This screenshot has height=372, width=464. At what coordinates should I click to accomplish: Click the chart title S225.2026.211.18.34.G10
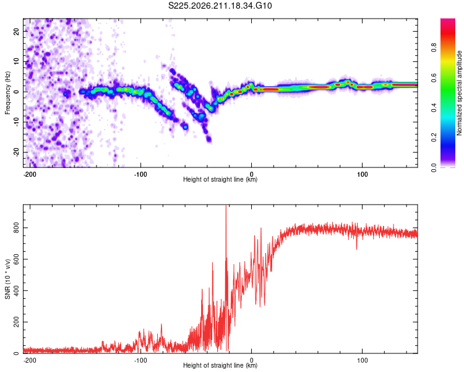click(220, 6)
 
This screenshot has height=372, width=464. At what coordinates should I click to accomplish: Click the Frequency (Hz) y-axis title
click(7, 93)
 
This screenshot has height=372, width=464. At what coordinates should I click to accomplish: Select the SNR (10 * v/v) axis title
click(7, 279)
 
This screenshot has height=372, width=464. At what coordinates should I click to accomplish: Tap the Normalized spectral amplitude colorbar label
click(459, 93)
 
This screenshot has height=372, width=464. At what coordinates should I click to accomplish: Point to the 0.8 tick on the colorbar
click(434, 48)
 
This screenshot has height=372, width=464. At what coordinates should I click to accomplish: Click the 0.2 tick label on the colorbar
click(434, 138)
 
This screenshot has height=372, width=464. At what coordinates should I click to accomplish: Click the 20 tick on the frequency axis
click(16, 32)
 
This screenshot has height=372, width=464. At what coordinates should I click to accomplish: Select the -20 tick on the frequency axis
click(16, 152)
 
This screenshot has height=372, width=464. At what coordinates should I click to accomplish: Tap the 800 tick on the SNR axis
click(16, 228)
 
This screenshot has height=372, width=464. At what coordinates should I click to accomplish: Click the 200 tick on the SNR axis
click(16, 322)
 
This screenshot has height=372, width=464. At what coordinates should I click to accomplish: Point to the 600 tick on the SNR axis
click(16, 259)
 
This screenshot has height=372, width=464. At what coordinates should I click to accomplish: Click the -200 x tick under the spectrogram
click(30, 174)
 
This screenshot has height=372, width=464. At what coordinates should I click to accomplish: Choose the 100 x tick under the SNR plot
click(362, 360)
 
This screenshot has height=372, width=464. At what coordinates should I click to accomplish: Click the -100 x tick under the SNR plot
click(140, 360)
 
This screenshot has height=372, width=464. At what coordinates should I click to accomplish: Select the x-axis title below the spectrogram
click(220, 179)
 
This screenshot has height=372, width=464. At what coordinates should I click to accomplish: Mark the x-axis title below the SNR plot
click(220, 365)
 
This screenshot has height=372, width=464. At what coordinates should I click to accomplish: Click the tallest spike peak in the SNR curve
click(226, 205)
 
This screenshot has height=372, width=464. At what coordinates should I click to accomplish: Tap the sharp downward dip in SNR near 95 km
click(356, 249)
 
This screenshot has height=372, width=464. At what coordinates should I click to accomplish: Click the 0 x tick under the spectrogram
click(252, 174)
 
